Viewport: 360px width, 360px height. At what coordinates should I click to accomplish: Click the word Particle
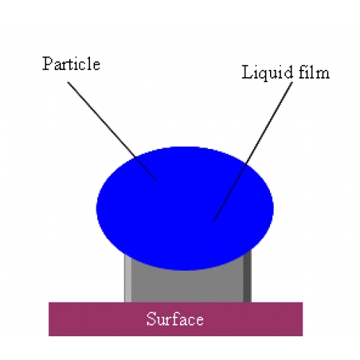pyautogui.click(x=71, y=64)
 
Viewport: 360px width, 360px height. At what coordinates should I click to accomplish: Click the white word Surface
pyautogui.click(x=175, y=319)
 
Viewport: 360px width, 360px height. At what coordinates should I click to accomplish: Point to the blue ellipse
pyautogui.click(x=185, y=208)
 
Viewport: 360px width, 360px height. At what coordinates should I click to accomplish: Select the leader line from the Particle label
pyautogui.click(x=112, y=131)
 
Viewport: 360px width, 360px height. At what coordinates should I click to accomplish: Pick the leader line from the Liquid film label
pyautogui.click(x=253, y=151)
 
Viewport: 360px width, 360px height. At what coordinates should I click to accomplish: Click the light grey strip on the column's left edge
pyautogui.click(x=127, y=279)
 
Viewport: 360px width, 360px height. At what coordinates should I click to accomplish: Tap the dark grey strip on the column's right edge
pyautogui.click(x=248, y=276)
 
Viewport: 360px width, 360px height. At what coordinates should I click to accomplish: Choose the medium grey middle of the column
pyautogui.click(x=187, y=286)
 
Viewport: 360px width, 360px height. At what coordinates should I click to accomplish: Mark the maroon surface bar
pyautogui.click(x=176, y=319)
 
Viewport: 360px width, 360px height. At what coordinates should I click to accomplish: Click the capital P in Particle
pyautogui.click(x=48, y=64)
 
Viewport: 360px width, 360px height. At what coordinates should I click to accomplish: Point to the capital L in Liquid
pyautogui.click(x=247, y=72)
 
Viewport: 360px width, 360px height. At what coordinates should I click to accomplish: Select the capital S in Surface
pyautogui.click(x=150, y=319)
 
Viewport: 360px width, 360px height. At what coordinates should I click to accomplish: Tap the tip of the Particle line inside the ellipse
pyautogui.click(x=156, y=180)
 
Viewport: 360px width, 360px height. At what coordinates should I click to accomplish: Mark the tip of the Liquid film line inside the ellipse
pyautogui.click(x=214, y=220)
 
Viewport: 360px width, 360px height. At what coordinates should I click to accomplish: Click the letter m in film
pyautogui.click(x=323, y=74)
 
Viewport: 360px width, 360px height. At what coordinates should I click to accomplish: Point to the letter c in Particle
pyautogui.click(x=84, y=66)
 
